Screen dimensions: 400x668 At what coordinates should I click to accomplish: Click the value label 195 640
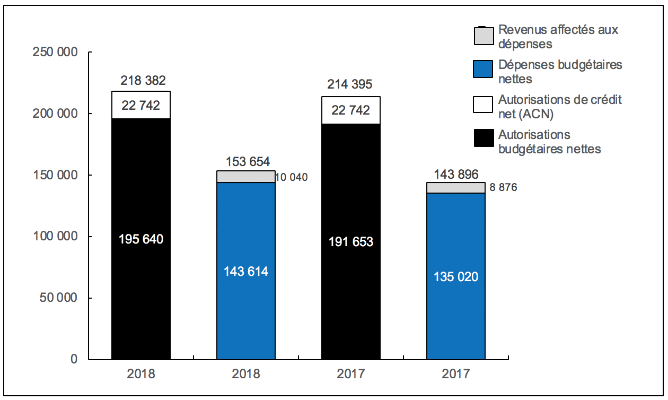(x=140, y=239)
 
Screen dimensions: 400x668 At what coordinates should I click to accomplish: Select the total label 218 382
(x=143, y=81)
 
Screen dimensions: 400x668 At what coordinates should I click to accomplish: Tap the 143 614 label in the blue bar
(x=246, y=272)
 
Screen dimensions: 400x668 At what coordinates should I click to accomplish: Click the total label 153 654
(x=248, y=162)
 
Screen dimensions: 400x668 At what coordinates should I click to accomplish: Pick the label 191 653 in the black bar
(x=350, y=242)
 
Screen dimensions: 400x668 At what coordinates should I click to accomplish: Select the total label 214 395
(x=350, y=84)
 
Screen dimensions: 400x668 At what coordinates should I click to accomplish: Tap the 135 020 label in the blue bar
(x=456, y=276)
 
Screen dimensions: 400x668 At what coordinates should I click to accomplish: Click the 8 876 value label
(x=503, y=187)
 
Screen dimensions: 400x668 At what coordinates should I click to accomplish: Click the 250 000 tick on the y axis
(x=55, y=52)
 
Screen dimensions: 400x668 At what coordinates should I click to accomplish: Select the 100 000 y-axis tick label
(x=55, y=237)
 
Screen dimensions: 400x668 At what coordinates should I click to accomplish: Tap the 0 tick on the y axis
(x=74, y=359)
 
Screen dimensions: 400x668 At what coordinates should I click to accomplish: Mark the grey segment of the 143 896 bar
(x=456, y=188)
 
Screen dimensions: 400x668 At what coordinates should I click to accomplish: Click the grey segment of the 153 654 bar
(x=246, y=177)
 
